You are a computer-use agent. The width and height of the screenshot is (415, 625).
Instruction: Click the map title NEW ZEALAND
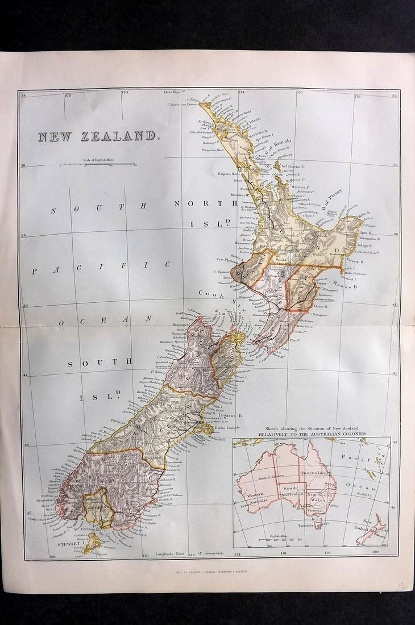(x=97, y=136)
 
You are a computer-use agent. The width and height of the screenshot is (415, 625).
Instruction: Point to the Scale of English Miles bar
(x=97, y=165)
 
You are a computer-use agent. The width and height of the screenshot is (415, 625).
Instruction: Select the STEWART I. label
(x=69, y=544)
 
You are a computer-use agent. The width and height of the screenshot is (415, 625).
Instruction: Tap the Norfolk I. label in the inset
(x=362, y=494)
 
